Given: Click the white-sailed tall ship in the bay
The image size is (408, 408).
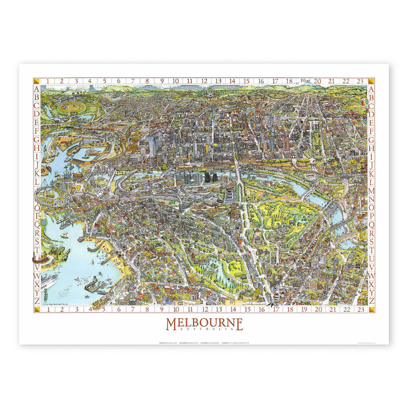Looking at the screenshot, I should click(x=65, y=235).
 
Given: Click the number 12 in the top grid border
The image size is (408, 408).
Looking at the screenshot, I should click(x=204, y=81).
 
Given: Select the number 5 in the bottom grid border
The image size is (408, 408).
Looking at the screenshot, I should click(x=104, y=309).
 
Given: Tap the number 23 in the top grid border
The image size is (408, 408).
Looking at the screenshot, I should click(x=360, y=81).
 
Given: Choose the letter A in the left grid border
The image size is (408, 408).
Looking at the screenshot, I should click(x=37, y=89).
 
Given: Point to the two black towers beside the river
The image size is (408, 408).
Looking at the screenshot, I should click(x=211, y=177).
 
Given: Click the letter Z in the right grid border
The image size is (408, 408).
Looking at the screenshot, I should click(x=371, y=301).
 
